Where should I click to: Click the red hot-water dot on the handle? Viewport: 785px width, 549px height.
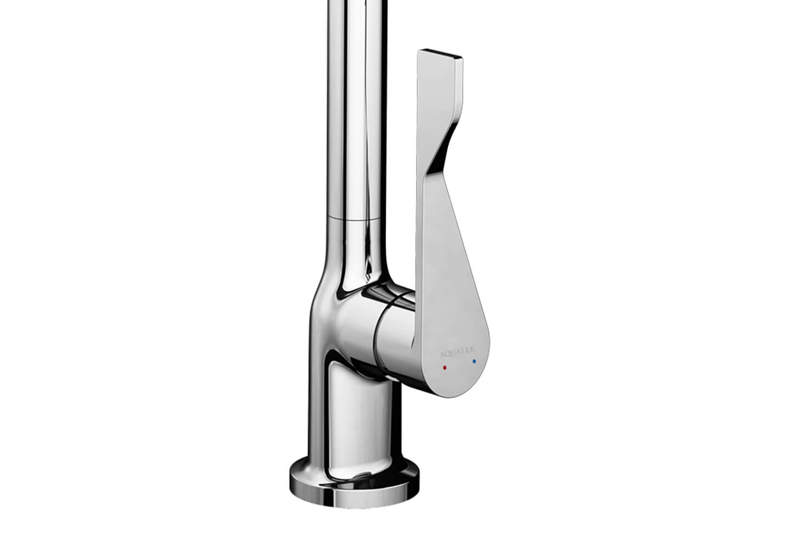point(445,366)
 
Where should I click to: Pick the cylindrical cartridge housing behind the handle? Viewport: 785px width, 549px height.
point(392,335)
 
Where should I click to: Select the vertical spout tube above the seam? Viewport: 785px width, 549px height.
point(354,110)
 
